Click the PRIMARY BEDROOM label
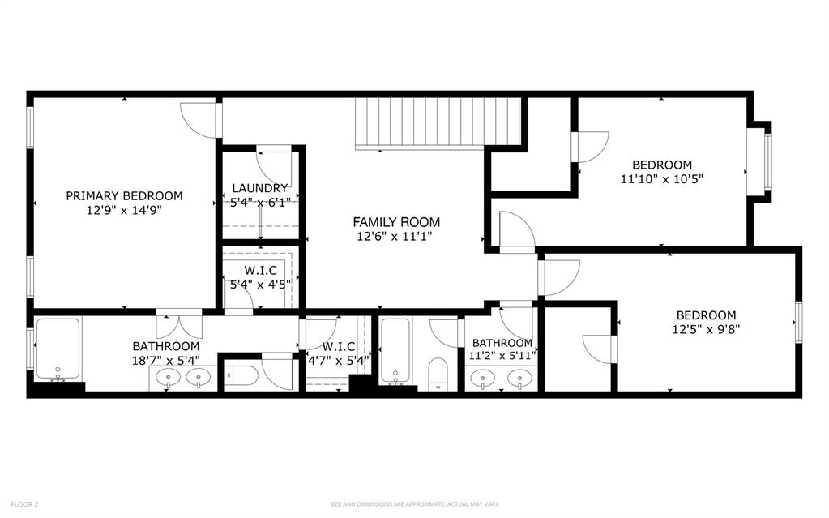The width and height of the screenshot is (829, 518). (x=124, y=195)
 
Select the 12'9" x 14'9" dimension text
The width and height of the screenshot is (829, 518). (x=124, y=210)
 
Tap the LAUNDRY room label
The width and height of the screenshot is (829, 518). (x=260, y=188)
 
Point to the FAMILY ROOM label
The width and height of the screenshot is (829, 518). (x=396, y=221)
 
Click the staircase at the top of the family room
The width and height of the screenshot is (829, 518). (x=438, y=122)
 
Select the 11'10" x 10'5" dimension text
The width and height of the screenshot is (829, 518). (x=662, y=179)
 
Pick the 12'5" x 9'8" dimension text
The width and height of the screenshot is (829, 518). (x=706, y=330)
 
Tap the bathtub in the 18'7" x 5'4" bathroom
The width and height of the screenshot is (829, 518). (x=58, y=349)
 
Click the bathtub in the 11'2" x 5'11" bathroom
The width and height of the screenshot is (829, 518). (x=395, y=350)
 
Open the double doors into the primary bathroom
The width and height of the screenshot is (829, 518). (x=179, y=324)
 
